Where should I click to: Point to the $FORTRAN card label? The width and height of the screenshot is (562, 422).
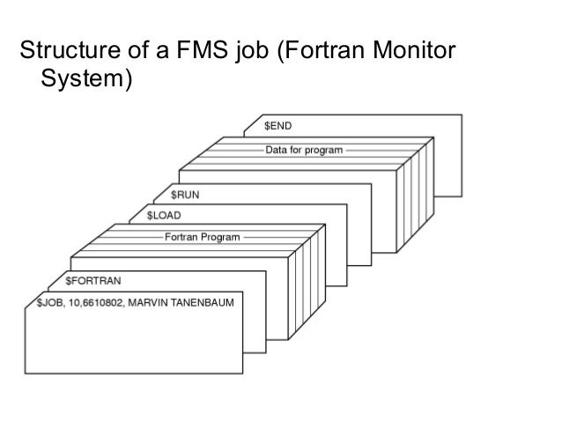coord(94,282)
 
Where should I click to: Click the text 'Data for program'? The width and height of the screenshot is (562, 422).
coord(305,151)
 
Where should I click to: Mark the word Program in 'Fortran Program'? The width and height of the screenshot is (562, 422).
coord(220,237)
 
